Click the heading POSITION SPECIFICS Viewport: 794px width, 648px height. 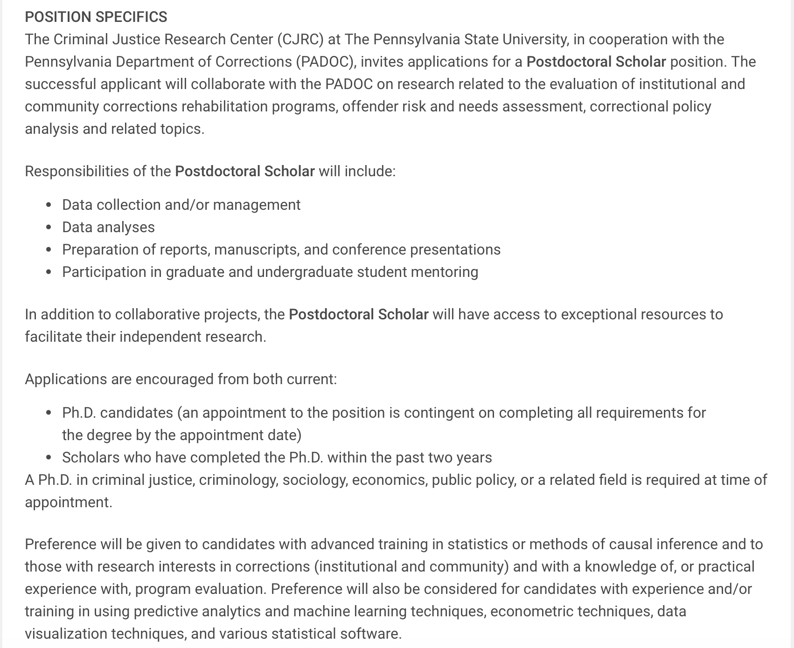click(96, 17)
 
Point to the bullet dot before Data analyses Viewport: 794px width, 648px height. click(49, 227)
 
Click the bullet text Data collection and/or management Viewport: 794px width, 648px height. click(181, 205)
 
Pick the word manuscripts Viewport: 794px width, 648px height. click(256, 249)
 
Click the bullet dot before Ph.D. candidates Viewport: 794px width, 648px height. click(49, 413)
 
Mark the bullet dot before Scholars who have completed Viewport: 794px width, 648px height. click(49, 458)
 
